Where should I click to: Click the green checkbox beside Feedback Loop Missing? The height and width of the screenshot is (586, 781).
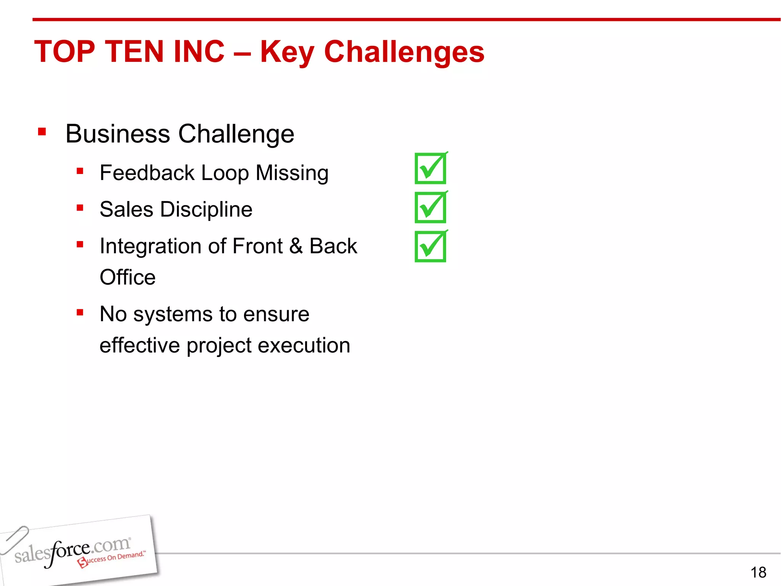(431, 168)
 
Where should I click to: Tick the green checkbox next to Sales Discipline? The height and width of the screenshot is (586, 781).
(431, 208)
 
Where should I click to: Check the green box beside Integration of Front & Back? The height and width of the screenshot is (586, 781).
(431, 246)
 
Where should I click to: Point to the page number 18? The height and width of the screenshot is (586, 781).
(758, 572)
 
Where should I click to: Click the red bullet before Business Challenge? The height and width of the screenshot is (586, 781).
(42, 132)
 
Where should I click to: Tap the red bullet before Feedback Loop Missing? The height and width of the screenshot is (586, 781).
(80, 171)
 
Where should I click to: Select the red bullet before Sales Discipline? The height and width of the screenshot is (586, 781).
(80, 208)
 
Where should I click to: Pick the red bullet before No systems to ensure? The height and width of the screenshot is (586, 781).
(80, 313)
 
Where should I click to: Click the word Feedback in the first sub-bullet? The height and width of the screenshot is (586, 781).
(147, 173)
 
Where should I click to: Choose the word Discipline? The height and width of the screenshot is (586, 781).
(206, 209)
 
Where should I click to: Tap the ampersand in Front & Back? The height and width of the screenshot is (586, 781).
(296, 246)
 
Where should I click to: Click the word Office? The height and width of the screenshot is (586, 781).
(127, 277)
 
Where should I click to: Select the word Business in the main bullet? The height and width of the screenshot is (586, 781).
(117, 134)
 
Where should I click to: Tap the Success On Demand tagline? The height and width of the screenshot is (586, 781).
(112, 559)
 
